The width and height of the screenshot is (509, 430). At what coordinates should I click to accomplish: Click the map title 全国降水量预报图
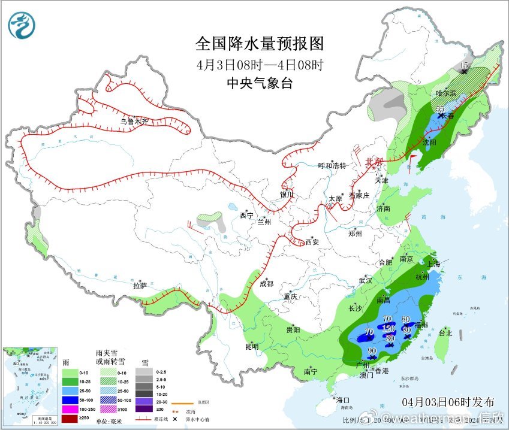260,44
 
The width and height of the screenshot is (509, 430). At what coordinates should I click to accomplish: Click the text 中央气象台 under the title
260,83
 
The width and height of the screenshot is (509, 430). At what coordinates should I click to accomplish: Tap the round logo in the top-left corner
22,25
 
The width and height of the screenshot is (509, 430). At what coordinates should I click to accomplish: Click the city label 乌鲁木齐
134,121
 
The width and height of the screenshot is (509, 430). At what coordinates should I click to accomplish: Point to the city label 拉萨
140,286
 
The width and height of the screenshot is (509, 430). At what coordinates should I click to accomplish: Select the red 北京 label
375,162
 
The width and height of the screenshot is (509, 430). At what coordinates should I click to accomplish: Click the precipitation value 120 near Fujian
388,329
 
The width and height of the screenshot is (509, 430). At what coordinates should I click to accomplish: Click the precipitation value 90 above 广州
372,351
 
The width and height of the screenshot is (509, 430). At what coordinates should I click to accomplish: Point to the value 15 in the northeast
463,65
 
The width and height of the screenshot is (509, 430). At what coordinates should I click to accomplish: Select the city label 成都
267,284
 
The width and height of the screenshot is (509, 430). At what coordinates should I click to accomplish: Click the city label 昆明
252,346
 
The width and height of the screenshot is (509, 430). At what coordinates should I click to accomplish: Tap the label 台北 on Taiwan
445,333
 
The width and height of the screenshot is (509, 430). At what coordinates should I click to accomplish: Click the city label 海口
342,399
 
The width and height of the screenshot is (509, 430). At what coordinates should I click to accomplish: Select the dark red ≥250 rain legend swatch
70,417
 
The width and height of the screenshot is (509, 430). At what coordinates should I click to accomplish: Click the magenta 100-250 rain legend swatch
70,408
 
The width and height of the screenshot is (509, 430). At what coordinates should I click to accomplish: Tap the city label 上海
433,264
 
